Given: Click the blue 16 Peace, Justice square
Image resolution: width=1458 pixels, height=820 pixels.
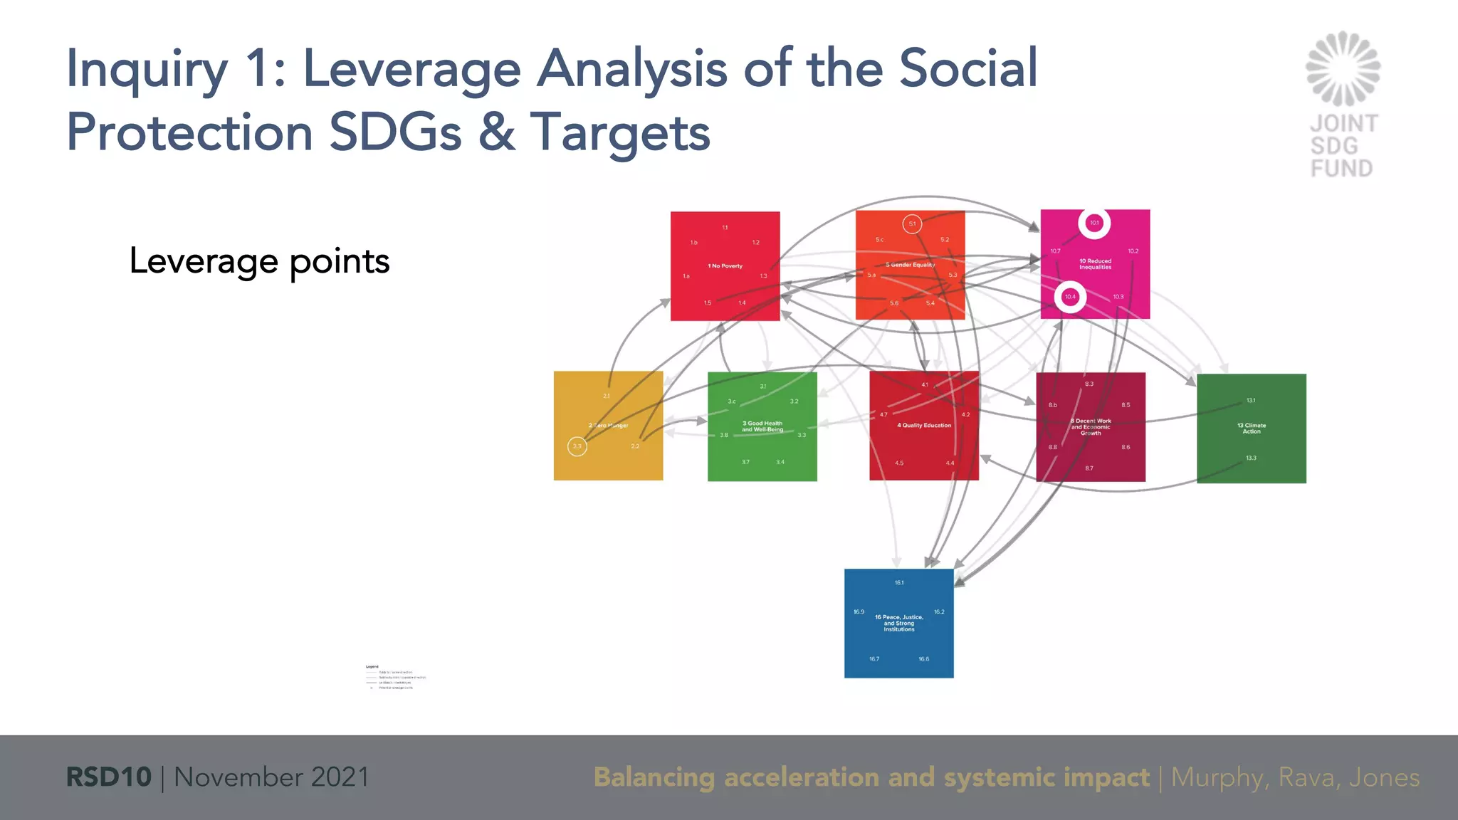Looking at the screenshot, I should coord(898,641).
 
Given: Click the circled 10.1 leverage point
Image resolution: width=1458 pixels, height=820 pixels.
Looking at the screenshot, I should coord(1094,223).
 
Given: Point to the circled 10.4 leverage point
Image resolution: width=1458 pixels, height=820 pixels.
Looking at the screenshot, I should coord(1070,297).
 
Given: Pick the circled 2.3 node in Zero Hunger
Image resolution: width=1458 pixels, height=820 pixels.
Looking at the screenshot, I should coord(577,446).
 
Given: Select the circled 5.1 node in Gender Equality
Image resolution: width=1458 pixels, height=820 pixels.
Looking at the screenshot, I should coord(912,224).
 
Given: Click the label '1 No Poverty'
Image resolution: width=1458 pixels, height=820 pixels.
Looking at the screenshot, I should coord(725,266).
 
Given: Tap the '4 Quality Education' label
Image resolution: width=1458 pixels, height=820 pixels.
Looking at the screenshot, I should coord(923,426).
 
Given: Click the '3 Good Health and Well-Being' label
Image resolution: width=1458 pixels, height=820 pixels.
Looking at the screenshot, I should coord(762,426).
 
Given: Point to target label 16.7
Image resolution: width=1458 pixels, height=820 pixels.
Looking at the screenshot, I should coord(874,659).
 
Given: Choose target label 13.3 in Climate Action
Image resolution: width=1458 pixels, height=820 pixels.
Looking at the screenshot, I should coord(1251,458).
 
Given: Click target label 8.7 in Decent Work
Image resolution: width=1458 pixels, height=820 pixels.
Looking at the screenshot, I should coord(1089,468).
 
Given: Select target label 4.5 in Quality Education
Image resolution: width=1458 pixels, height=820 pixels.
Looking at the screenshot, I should coord(899,463).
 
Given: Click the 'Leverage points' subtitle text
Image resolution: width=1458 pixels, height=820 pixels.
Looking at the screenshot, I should coord(259,261).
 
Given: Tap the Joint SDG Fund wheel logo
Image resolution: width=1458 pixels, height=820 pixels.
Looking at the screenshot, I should coord(1343,69).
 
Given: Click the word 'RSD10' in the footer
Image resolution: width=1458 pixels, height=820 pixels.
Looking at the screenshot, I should coord(108,777).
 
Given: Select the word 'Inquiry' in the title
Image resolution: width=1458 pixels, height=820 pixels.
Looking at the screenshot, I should coord(147,70).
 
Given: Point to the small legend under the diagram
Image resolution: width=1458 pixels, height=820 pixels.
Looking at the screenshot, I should coord(394,678).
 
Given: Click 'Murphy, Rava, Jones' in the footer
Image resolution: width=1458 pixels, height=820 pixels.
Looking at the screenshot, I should coord(1295,777).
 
